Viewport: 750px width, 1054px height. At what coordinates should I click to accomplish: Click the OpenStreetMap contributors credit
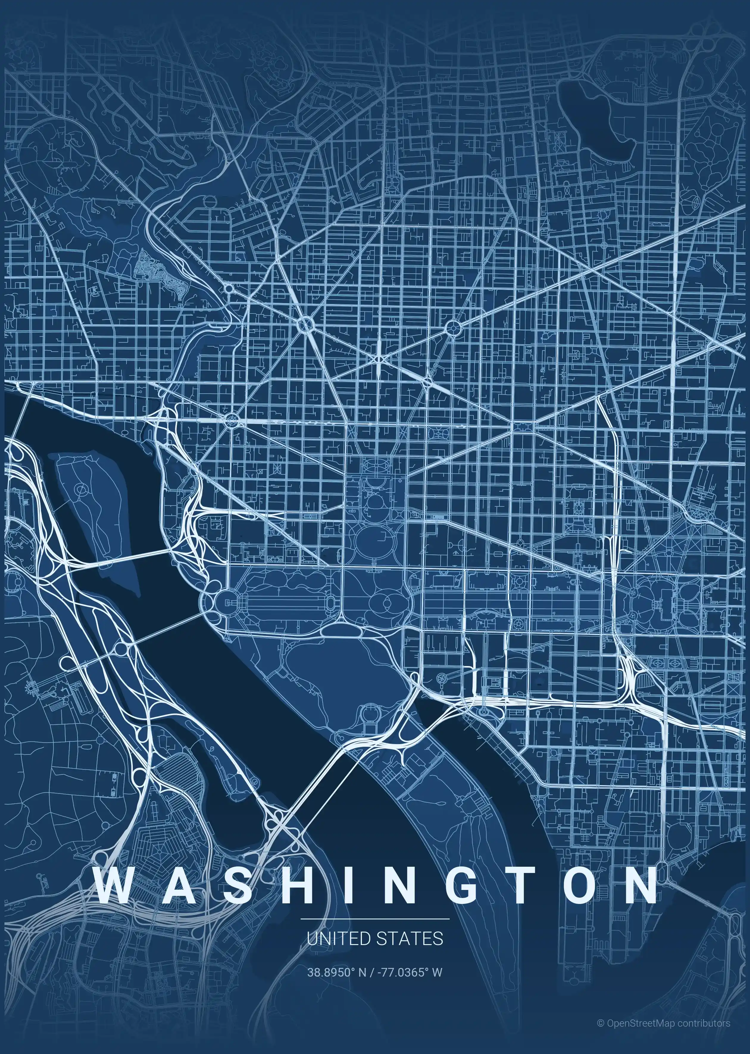664,1023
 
